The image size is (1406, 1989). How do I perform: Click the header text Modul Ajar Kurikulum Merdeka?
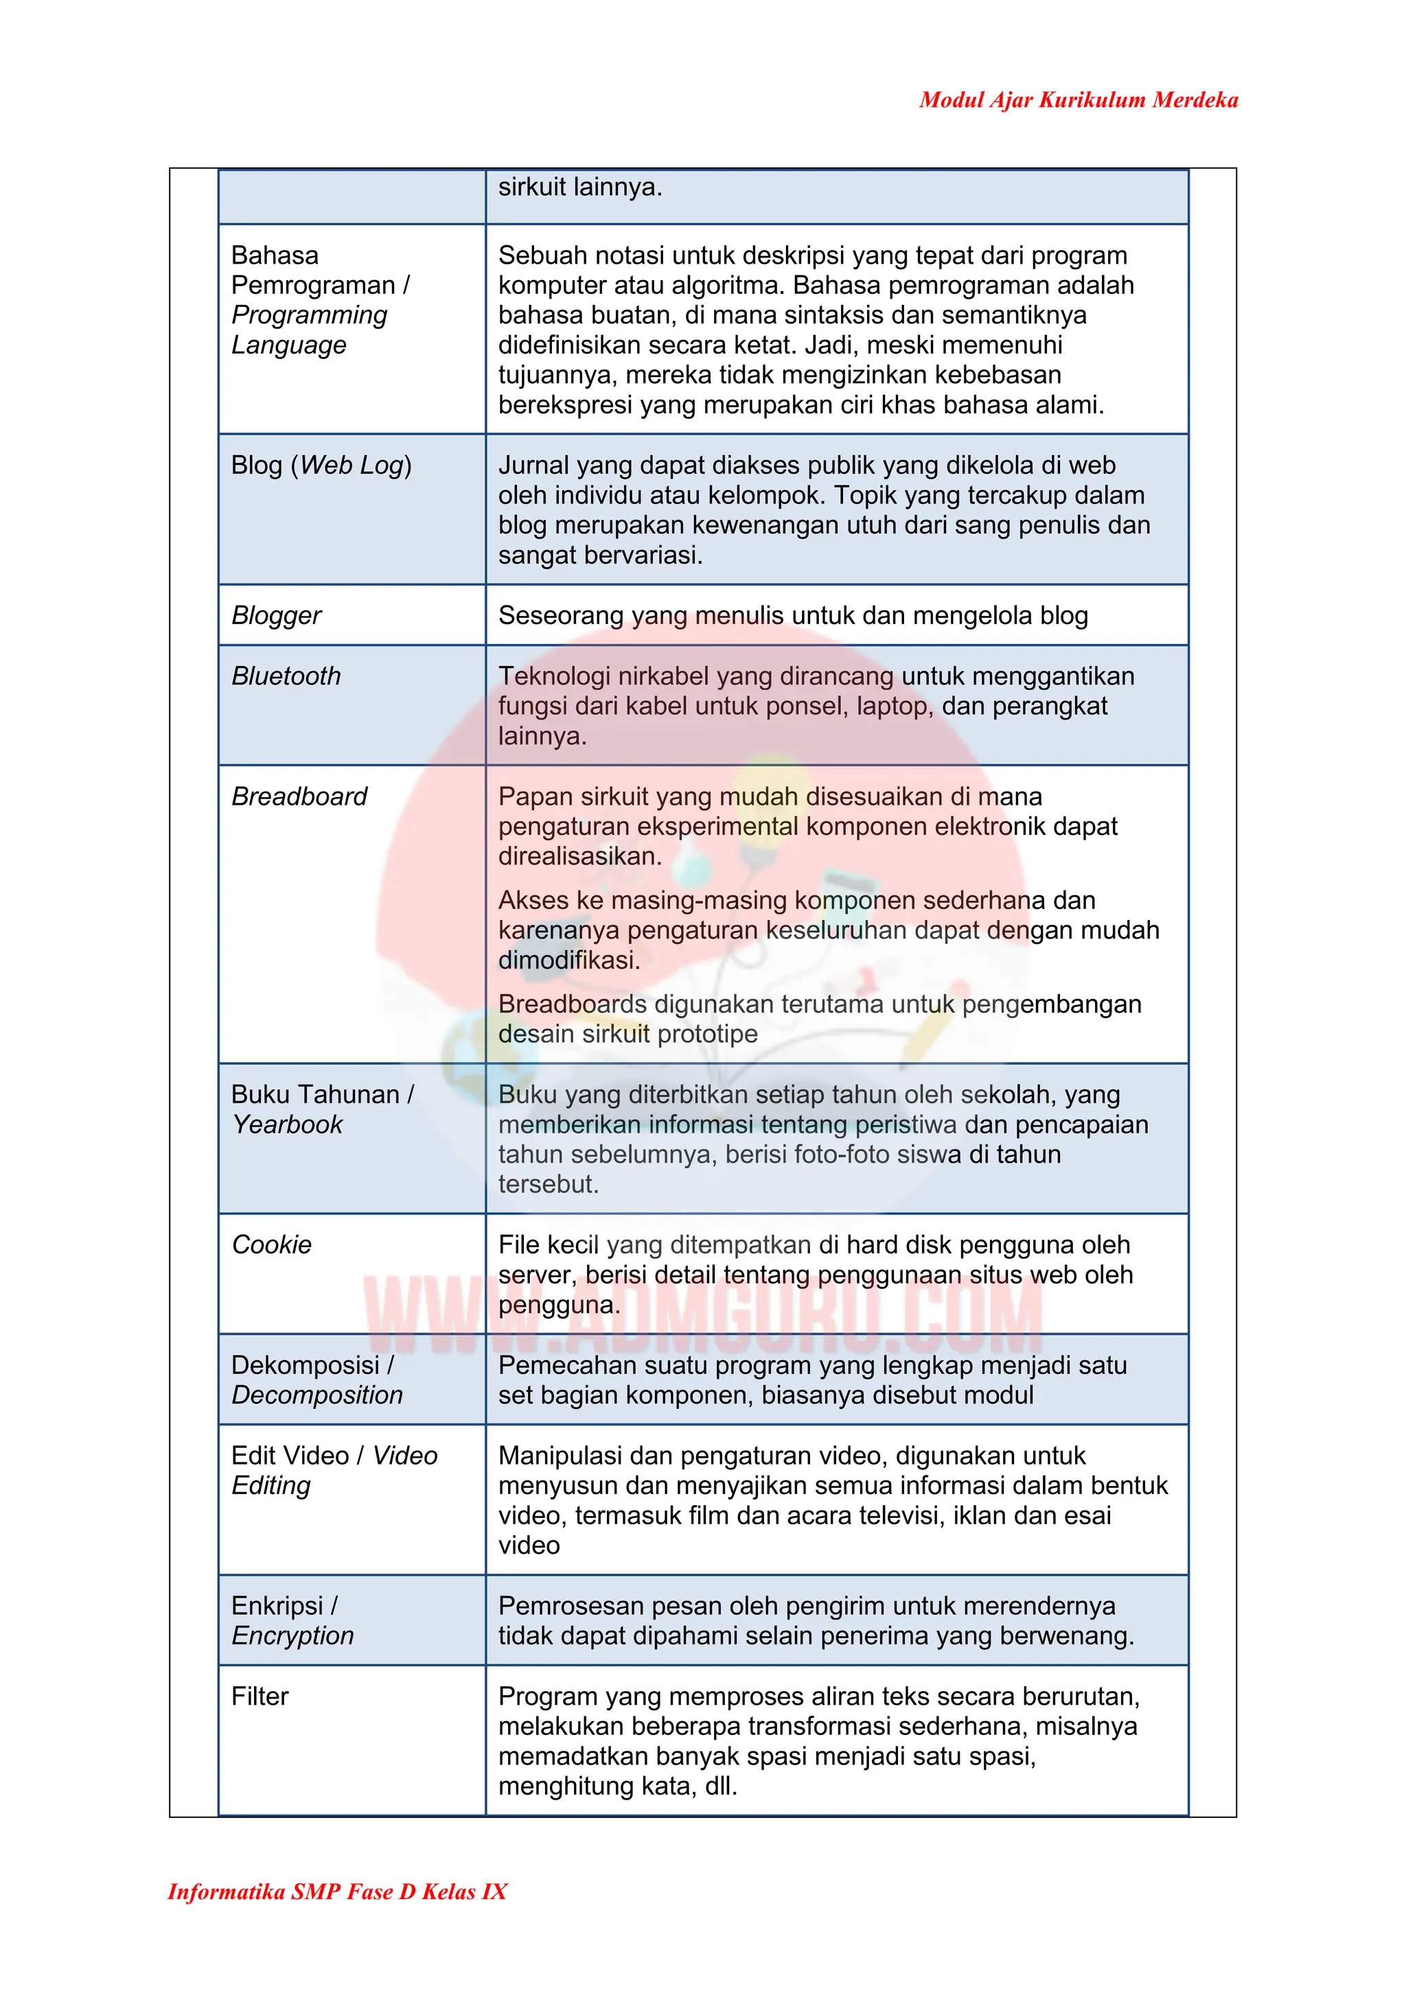pyautogui.click(x=1078, y=100)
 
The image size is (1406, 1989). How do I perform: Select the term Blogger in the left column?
pyautogui.click(x=277, y=615)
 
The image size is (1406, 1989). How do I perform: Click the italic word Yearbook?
pyautogui.click(x=288, y=1125)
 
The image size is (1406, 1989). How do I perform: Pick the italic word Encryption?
pyautogui.click(x=293, y=1635)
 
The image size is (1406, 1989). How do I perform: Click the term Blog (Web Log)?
pyautogui.click(x=321, y=465)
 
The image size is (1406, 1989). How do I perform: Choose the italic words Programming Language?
pyautogui.click(x=308, y=330)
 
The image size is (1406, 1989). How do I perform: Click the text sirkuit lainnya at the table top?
pyautogui.click(x=579, y=187)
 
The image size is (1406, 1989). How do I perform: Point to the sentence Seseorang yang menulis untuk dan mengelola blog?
pyautogui.click(x=793, y=615)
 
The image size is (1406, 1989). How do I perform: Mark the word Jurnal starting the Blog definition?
pyautogui.click(x=533, y=465)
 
